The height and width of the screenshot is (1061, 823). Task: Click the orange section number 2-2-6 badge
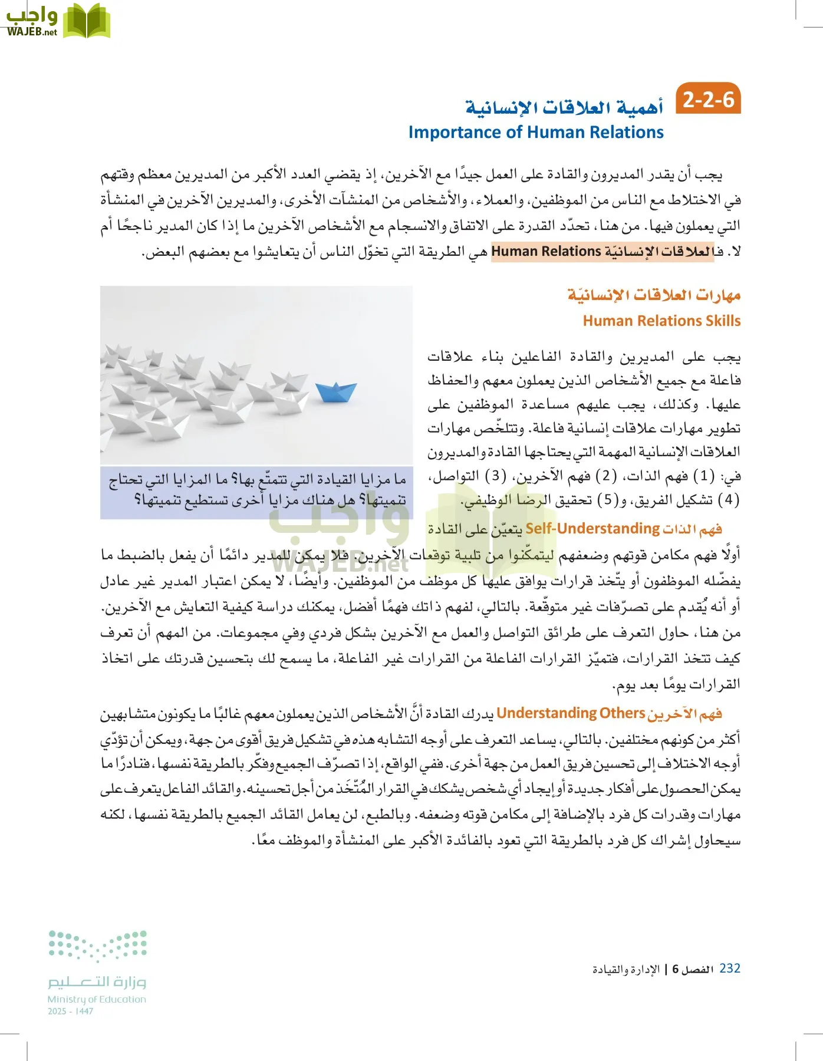(x=708, y=100)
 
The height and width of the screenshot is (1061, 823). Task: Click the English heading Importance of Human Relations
(x=536, y=132)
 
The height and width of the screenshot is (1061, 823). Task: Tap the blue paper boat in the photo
(x=335, y=391)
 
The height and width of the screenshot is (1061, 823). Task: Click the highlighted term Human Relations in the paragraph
(x=546, y=252)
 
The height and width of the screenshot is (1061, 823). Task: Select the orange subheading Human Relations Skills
(x=661, y=321)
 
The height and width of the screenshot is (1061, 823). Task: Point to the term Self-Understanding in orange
(x=592, y=528)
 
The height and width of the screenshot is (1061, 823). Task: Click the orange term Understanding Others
(x=571, y=713)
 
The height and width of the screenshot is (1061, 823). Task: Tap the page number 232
(x=730, y=968)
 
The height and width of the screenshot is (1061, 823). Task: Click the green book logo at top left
(x=87, y=21)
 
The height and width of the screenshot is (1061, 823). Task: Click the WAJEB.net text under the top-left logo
(x=32, y=33)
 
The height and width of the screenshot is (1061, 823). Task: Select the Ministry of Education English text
(x=97, y=999)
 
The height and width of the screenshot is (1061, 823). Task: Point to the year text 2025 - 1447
(x=70, y=1011)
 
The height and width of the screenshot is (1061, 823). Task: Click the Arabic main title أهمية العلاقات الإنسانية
(x=564, y=108)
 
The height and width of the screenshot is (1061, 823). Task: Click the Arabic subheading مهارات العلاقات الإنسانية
(x=654, y=295)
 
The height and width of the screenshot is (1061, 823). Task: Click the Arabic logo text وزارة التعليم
(x=97, y=981)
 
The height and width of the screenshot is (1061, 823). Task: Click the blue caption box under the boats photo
(x=256, y=492)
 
